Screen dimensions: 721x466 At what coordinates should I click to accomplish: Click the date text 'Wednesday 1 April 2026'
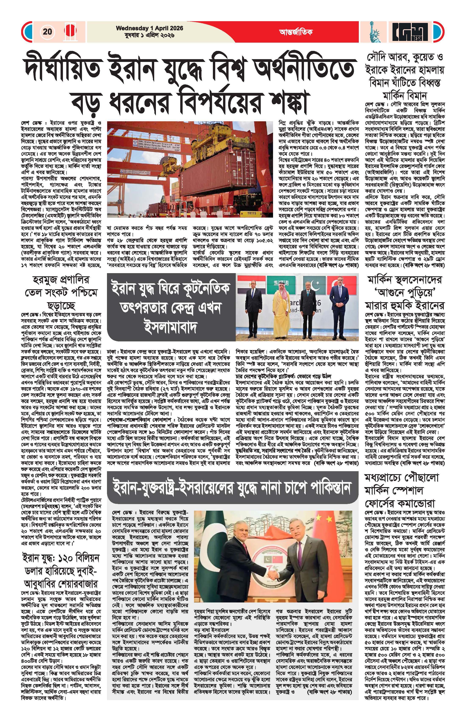150,28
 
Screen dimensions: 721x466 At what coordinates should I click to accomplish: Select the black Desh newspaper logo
410,32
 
